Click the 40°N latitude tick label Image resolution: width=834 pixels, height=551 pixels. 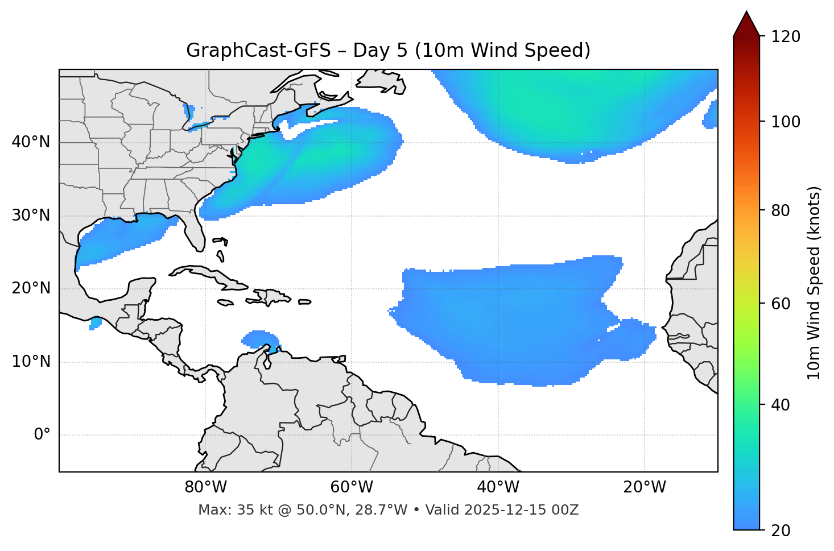click(31, 142)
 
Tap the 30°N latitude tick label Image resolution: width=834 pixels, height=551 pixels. click(31, 216)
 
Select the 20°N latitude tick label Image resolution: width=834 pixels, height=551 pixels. click(31, 288)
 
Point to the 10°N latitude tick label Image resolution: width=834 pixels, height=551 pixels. click(31, 362)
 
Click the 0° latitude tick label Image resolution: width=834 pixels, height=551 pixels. click(42, 435)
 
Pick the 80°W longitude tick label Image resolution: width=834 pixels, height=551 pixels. click(205, 487)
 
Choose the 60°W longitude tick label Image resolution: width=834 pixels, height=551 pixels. click(352, 487)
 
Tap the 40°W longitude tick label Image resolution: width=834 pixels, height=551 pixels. click(498, 487)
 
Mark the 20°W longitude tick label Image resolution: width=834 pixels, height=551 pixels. click(645, 487)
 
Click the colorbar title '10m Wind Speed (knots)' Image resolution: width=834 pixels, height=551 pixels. click(814, 283)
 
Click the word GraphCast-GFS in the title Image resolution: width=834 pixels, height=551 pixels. click(258, 51)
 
